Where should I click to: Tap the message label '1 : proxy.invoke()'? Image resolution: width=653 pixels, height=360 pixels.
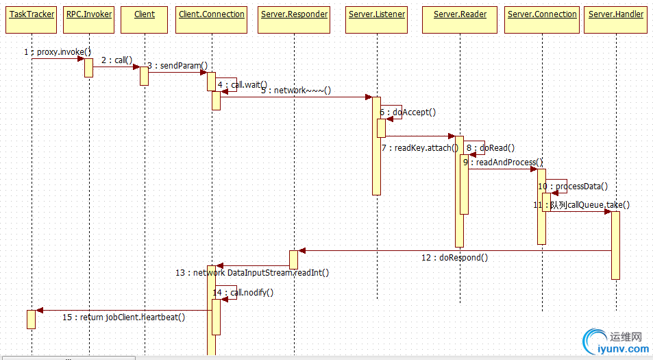(x=57, y=52)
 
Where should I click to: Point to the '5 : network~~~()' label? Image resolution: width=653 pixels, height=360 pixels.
(x=296, y=91)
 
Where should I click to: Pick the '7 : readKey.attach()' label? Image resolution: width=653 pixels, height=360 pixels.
(x=420, y=147)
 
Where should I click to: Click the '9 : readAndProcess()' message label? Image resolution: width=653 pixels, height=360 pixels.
(x=502, y=163)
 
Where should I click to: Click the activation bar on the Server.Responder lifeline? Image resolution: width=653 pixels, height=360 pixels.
(x=293, y=259)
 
